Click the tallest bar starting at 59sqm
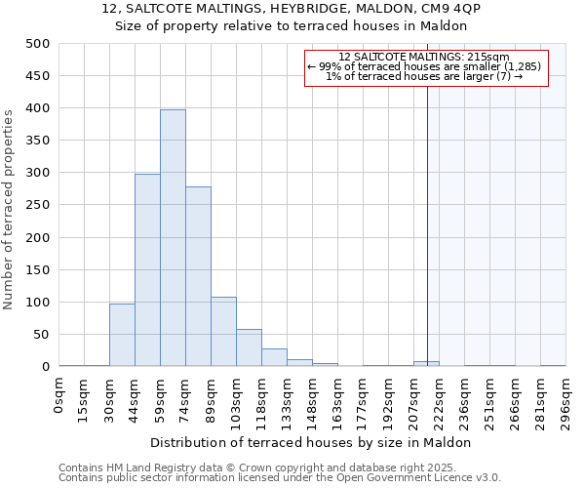click(173, 238)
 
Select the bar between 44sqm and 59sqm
click(147, 270)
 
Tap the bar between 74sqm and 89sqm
click(198, 276)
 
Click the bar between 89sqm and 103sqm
click(223, 332)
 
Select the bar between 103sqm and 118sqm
click(249, 347)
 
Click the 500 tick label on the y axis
click(38, 44)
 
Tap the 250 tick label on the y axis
click(38, 205)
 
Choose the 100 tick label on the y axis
click(38, 303)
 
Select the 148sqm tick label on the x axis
click(312, 400)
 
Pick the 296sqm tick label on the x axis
click(565, 400)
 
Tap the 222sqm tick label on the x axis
click(439, 400)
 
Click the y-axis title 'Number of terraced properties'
click(9, 209)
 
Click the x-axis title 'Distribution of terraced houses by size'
click(311, 442)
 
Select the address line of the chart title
click(292, 9)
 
